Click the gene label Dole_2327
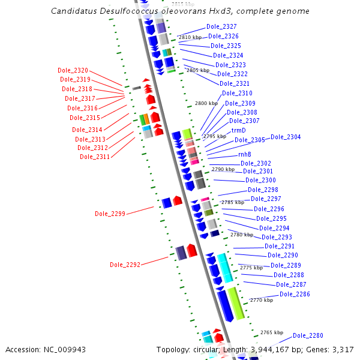pos(221,26)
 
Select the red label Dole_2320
pos(73,71)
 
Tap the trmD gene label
pos(239,130)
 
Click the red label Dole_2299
pos(110,214)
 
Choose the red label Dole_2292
pos(125,265)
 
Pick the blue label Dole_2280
pos(308,335)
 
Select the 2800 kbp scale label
pos(205,104)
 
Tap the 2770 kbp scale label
pos(261,300)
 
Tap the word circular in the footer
pos(205,350)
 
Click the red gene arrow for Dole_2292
pos(192,250)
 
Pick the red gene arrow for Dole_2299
pos(178,200)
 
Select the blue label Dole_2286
pos(295,294)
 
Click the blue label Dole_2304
pos(286,137)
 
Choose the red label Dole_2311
pos(95,157)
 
